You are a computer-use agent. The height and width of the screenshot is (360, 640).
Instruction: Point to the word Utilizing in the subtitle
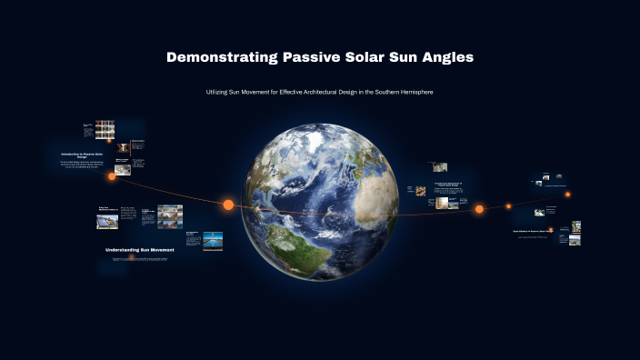click(x=221, y=93)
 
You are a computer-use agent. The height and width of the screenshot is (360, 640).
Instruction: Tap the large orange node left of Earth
click(x=228, y=205)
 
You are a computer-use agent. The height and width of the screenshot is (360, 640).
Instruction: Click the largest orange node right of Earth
click(x=479, y=209)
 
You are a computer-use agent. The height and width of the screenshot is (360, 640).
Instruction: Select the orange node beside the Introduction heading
click(x=112, y=176)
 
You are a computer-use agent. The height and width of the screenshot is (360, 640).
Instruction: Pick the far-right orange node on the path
click(x=567, y=194)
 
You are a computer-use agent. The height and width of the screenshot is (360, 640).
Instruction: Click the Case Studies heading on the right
click(x=532, y=231)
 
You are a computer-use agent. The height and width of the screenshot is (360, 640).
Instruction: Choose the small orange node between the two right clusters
click(x=508, y=206)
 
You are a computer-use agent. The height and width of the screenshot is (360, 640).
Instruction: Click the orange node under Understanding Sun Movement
click(x=131, y=257)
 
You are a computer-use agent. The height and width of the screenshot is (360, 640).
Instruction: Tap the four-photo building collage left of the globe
click(x=169, y=216)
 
